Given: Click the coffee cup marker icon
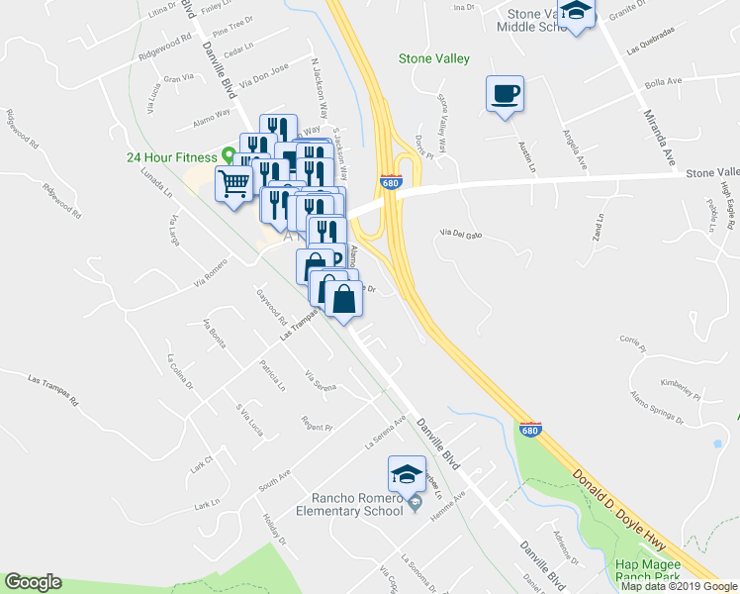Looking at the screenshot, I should [505, 94].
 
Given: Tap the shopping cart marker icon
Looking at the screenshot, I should [233, 183].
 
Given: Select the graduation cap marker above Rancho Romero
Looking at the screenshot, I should [407, 474].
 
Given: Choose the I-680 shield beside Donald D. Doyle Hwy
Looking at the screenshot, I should [529, 430].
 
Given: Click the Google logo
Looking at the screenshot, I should [34, 582].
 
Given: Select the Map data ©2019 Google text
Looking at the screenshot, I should [679, 586].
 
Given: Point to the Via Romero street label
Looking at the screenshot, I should [211, 274].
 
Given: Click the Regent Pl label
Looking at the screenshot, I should [317, 424].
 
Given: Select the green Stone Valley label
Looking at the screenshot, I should [433, 59].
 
